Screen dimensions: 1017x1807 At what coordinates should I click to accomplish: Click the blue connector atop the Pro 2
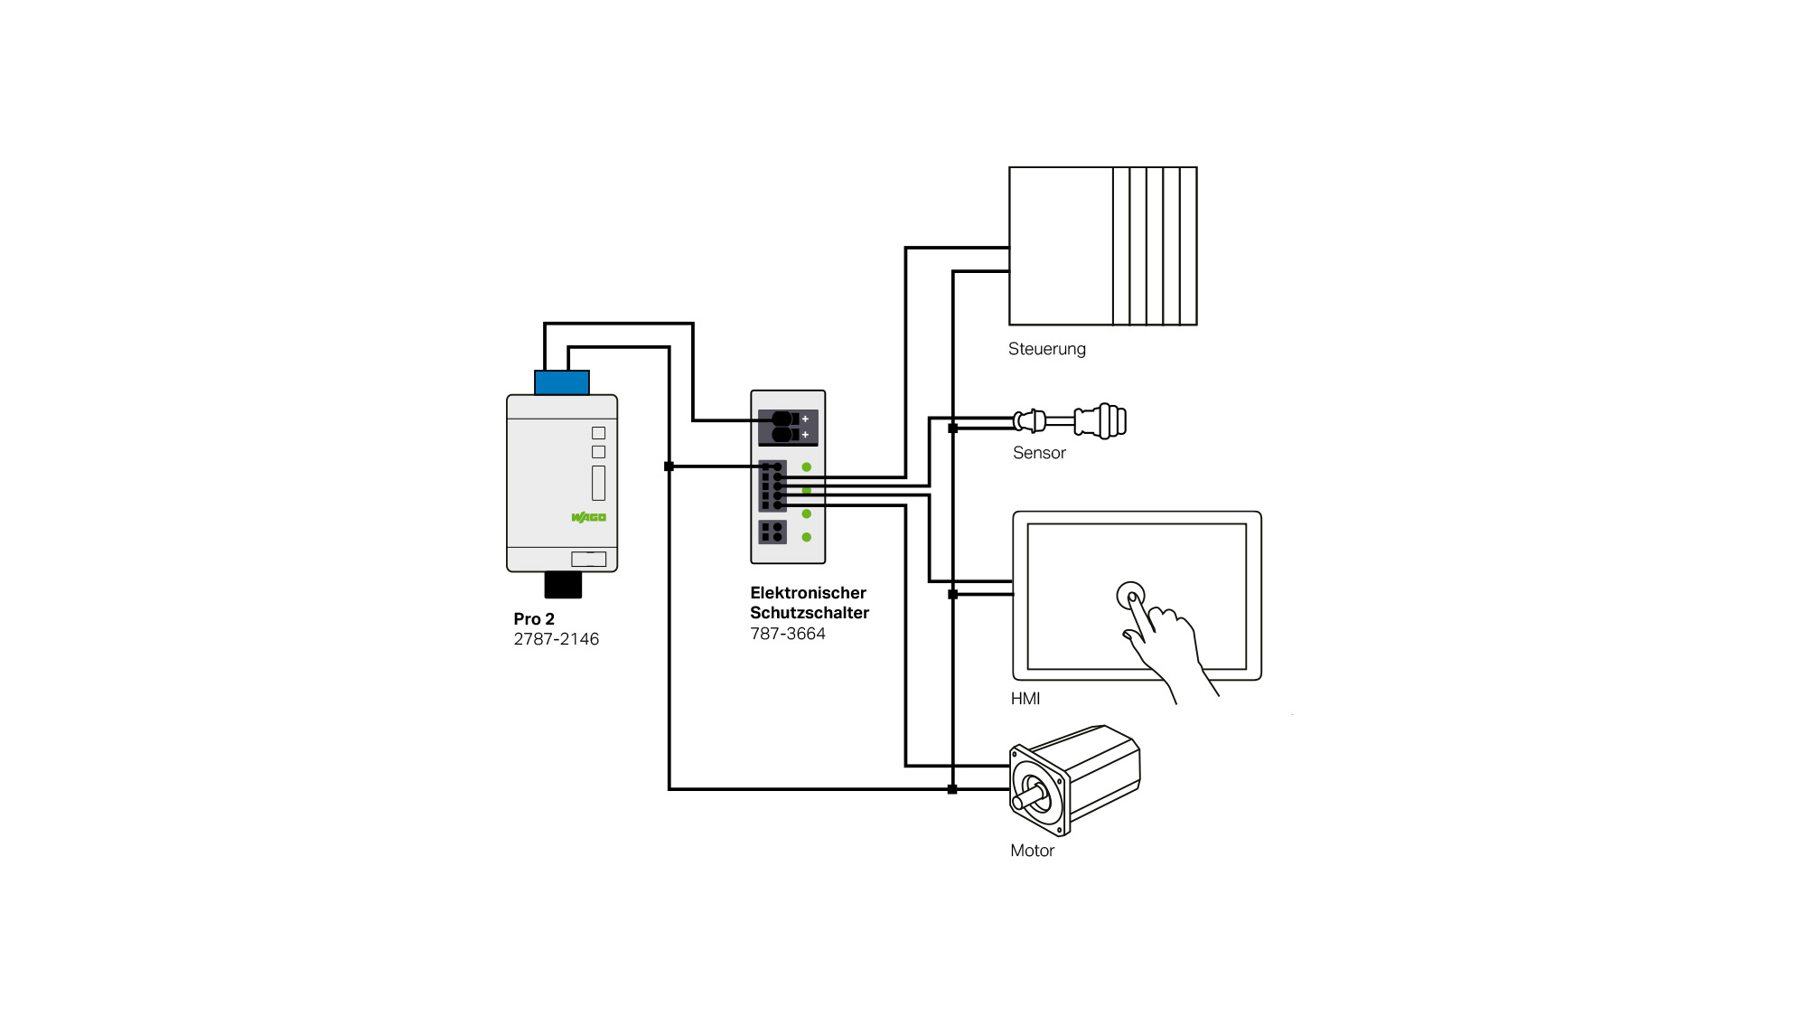pos(561,382)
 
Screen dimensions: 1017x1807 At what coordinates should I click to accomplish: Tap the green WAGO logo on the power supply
pos(588,517)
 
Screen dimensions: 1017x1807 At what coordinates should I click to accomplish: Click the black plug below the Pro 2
pos(563,585)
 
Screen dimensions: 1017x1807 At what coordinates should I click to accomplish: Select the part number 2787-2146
pos(556,639)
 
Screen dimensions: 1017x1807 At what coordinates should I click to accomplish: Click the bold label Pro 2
pos(533,619)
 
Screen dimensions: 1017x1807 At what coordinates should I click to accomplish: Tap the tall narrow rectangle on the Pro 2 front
pos(598,483)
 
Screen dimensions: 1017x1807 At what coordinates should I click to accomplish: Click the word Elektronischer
pos(808,593)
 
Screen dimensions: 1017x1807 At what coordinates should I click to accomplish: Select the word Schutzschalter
pos(809,613)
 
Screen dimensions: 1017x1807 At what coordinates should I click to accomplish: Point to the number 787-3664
pos(787,634)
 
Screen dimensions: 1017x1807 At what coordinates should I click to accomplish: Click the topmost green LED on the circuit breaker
pos(807,467)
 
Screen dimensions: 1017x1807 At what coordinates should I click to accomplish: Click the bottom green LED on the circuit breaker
pos(807,537)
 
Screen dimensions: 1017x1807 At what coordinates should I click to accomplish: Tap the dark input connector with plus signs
pos(788,427)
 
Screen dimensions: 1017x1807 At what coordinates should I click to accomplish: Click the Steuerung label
pos(1046,349)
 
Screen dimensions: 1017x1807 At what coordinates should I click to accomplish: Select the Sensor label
pos(1039,453)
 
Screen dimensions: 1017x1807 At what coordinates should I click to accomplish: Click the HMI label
pos(1025,699)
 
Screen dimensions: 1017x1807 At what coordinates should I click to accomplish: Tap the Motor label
pos(1032,851)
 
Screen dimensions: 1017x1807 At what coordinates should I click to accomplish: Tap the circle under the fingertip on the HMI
pos(1130,596)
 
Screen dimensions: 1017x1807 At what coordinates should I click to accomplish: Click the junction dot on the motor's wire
pos(952,789)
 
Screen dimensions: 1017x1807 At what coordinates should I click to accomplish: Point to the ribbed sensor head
pos(1108,421)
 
